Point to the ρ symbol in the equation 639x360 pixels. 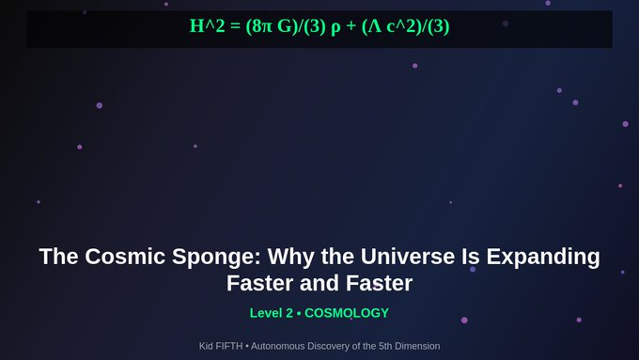335,26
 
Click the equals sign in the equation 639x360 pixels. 231,26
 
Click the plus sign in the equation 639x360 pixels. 351,26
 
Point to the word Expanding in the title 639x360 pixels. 547,257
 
